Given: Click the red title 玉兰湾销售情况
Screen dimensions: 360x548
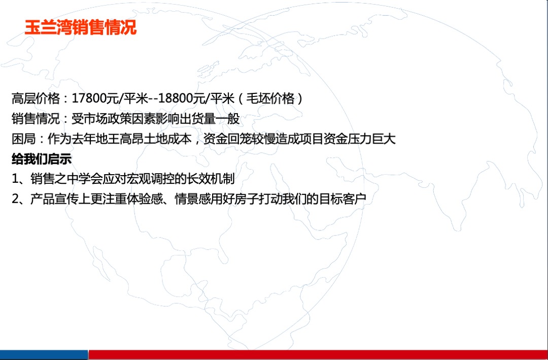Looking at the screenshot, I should coord(80,28).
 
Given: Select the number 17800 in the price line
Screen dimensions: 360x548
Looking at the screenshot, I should coord(88,99).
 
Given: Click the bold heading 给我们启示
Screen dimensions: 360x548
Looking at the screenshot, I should coord(42,159).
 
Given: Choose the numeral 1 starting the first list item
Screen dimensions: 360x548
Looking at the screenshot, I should coord(15,179).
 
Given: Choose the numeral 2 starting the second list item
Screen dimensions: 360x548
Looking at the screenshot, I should coord(15,200).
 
